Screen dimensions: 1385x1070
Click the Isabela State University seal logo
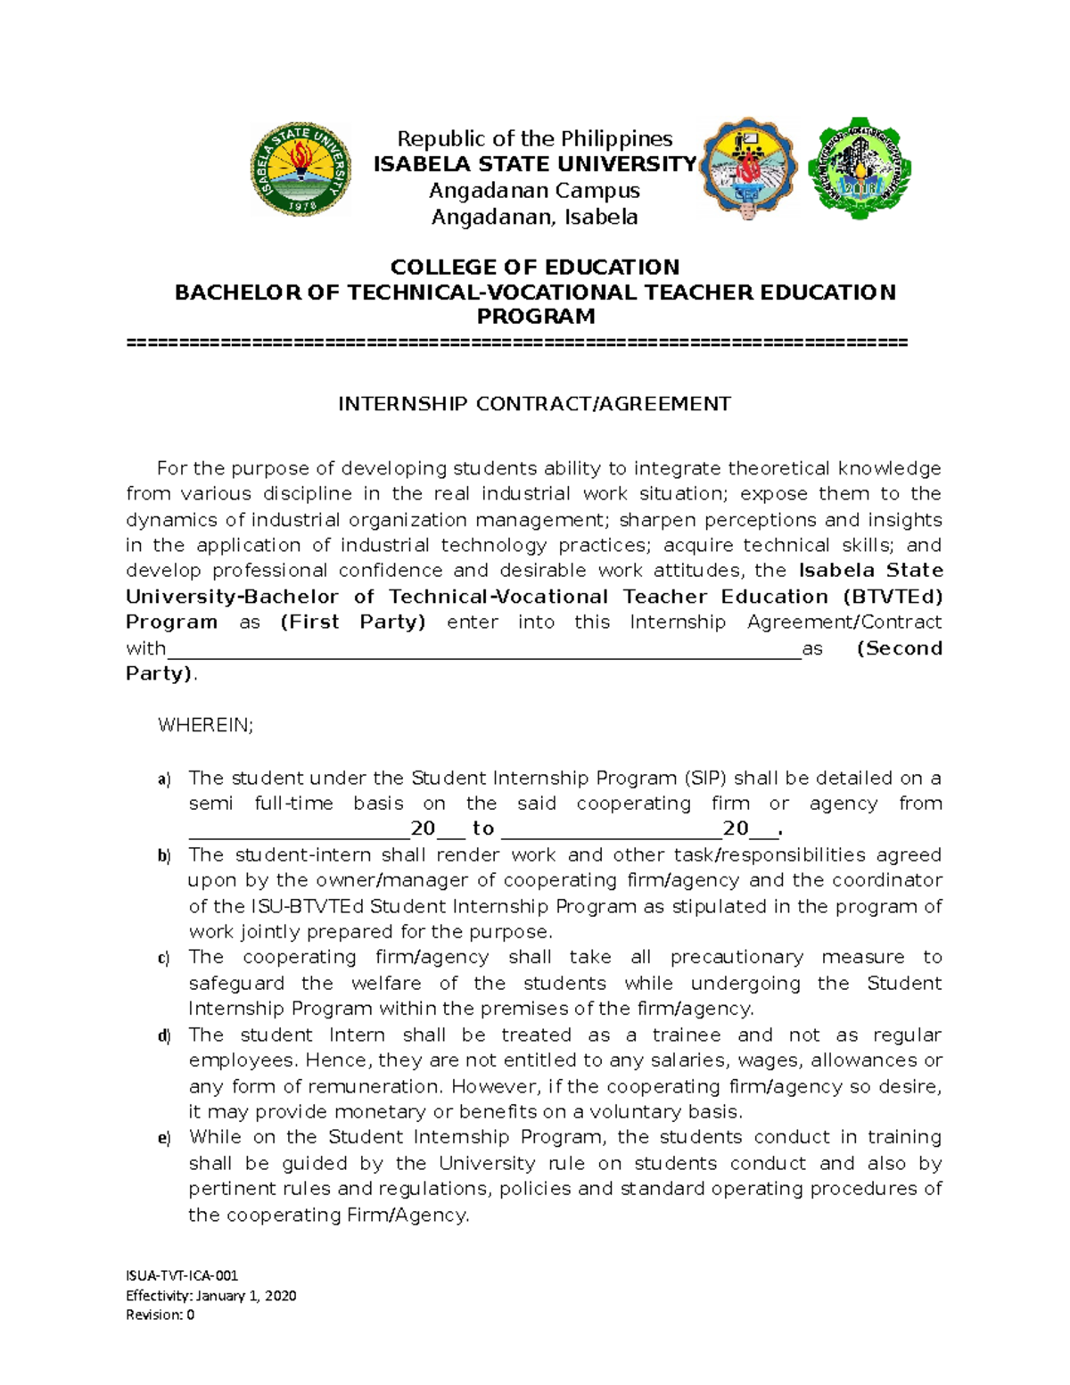300,169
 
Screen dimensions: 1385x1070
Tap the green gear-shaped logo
859,168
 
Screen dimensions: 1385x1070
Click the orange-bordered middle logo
748,168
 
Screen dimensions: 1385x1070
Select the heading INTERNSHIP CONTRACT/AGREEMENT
534,404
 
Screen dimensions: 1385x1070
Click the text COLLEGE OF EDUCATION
534,267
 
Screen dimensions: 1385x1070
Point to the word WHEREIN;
205,725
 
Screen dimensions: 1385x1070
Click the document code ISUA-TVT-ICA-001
182,1275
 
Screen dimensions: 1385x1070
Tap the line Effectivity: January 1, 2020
210,1295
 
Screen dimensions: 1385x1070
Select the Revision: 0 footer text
160,1315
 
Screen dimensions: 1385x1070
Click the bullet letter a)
164,779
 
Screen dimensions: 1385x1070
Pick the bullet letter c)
164,959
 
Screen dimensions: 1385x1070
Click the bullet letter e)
164,1139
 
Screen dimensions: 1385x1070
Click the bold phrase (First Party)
353,622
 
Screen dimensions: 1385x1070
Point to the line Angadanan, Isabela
534,217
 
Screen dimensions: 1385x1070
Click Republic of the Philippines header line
534,138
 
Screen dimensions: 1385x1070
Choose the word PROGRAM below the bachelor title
535,317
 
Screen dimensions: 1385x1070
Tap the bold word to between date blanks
483,829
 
